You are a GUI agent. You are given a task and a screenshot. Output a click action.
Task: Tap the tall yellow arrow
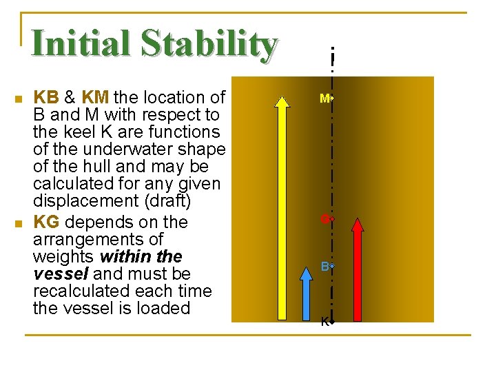[x=281, y=207]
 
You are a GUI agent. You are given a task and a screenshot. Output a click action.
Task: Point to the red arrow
[x=357, y=269]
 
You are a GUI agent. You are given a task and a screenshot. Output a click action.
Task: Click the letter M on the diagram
[x=324, y=99]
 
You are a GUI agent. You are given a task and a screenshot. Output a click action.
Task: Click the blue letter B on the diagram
[x=324, y=266]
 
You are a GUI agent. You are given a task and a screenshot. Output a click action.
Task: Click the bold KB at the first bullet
[x=46, y=98]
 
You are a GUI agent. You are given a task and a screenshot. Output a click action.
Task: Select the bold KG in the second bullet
[x=46, y=222]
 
